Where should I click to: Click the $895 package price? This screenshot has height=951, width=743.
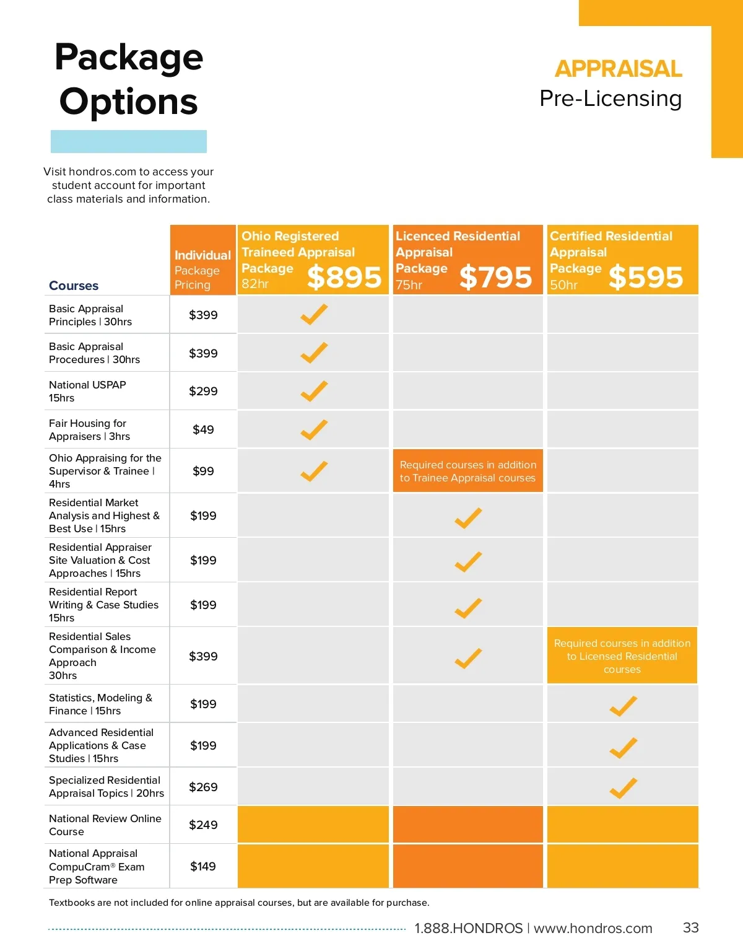[344, 277]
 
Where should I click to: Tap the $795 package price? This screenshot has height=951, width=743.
[495, 277]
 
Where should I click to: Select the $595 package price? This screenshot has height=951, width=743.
[646, 277]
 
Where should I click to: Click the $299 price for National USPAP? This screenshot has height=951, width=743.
[203, 391]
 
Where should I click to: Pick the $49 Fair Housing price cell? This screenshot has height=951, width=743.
[203, 429]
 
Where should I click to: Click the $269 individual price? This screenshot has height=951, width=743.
[203, 787]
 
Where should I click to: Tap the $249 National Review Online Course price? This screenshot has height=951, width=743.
[203, 825]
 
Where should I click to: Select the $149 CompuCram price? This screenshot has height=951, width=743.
[203, 866]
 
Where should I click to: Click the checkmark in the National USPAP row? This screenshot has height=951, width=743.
[314, 391]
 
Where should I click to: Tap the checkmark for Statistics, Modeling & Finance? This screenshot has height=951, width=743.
[623, 706]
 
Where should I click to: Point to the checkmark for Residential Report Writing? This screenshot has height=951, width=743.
[468, 608]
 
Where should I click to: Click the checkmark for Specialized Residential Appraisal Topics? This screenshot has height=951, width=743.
[623, 787]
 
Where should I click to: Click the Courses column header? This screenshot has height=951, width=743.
[74, 286]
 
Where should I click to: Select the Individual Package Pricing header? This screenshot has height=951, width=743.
[202, 270]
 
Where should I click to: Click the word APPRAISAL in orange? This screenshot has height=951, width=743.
[618, 69]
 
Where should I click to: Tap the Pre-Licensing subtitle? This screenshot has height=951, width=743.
[610, 99]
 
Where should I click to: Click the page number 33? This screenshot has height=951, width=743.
[690, 927]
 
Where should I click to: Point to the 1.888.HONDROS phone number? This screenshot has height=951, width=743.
[469, 928]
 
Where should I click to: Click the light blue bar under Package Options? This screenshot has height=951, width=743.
[129, 141]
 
